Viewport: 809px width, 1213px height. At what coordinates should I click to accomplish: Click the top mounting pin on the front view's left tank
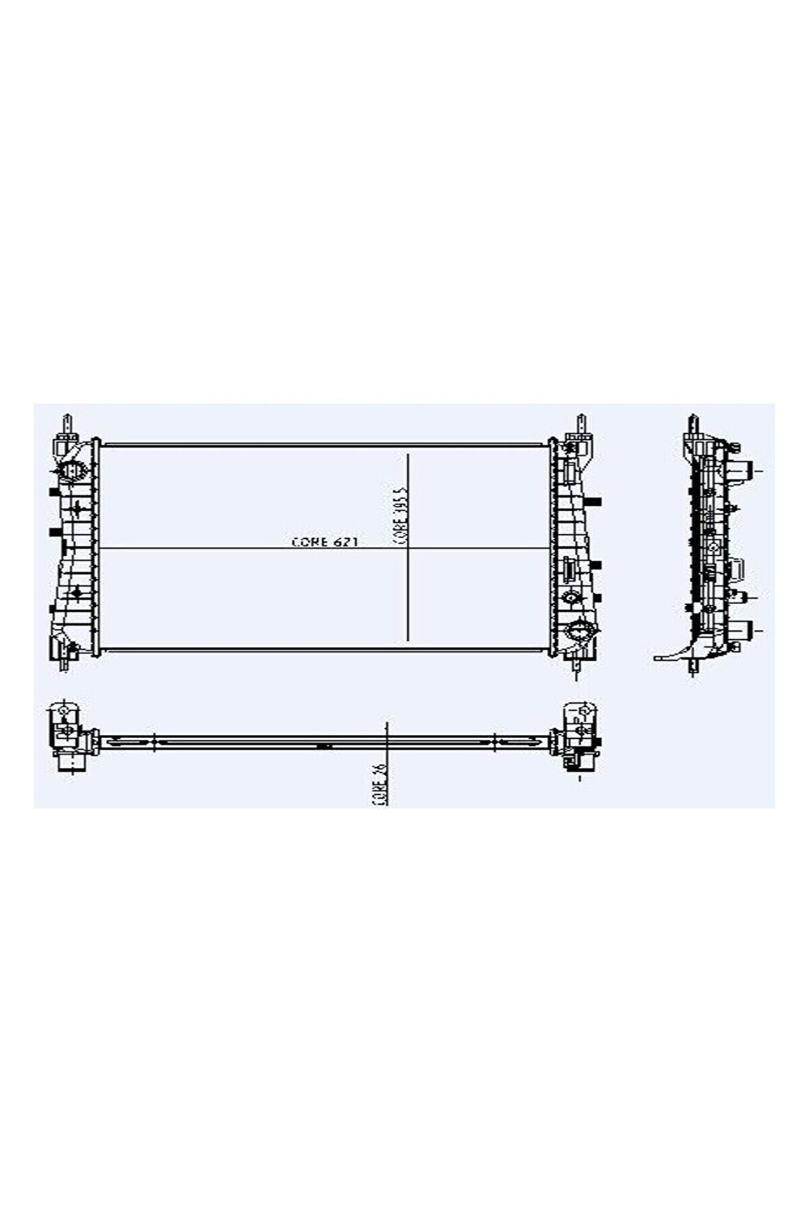coord(69,424)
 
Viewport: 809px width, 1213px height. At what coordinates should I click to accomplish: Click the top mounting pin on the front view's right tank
coord(579,425)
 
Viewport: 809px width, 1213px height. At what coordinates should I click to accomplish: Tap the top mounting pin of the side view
coord(692,426)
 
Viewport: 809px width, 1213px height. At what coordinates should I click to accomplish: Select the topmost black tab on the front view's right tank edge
coord(595,501)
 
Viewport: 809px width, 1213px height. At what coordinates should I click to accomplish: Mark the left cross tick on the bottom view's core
coord(155,742)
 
